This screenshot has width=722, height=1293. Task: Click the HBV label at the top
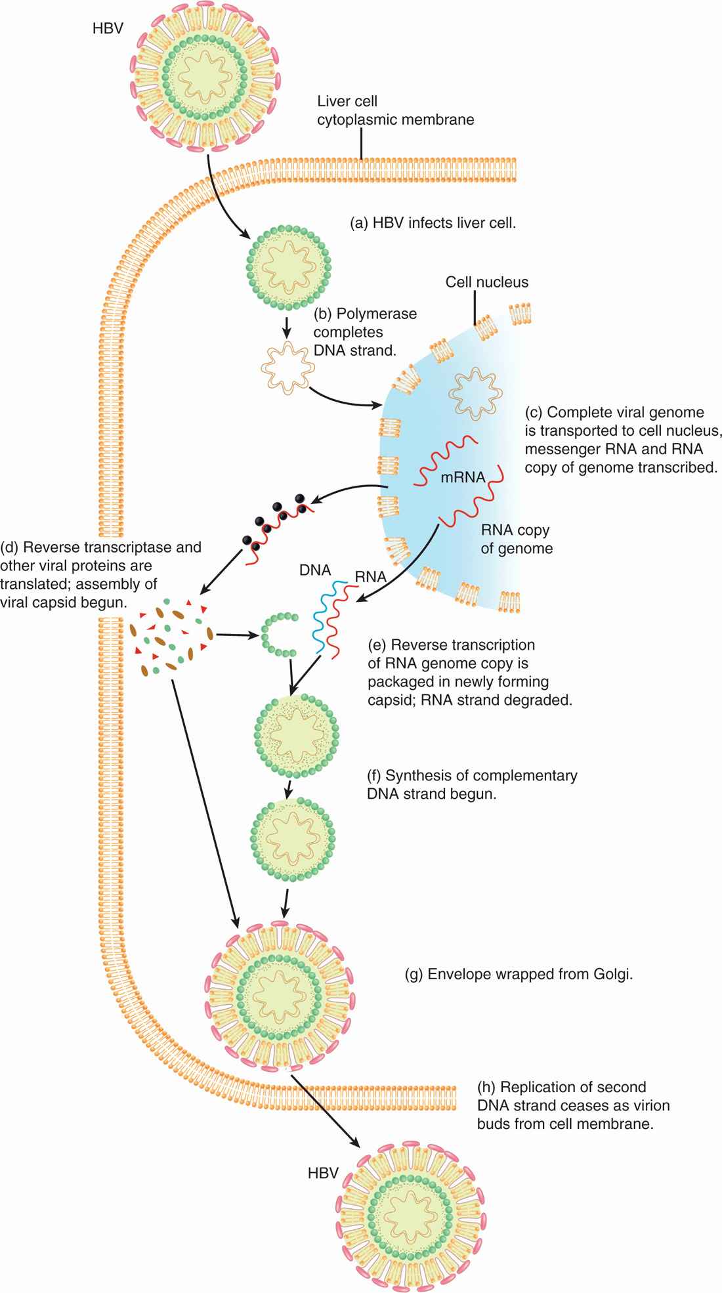coord(107,30)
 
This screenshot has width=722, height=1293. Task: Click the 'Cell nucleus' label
coord(486,283)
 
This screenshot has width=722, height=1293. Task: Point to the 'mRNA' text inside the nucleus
coord(463,478)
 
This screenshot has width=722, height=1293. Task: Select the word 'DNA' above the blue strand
coord(314,570)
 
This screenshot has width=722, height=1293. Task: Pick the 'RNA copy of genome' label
coord(516,538)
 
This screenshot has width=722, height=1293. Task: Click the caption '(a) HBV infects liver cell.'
coord(434,223)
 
